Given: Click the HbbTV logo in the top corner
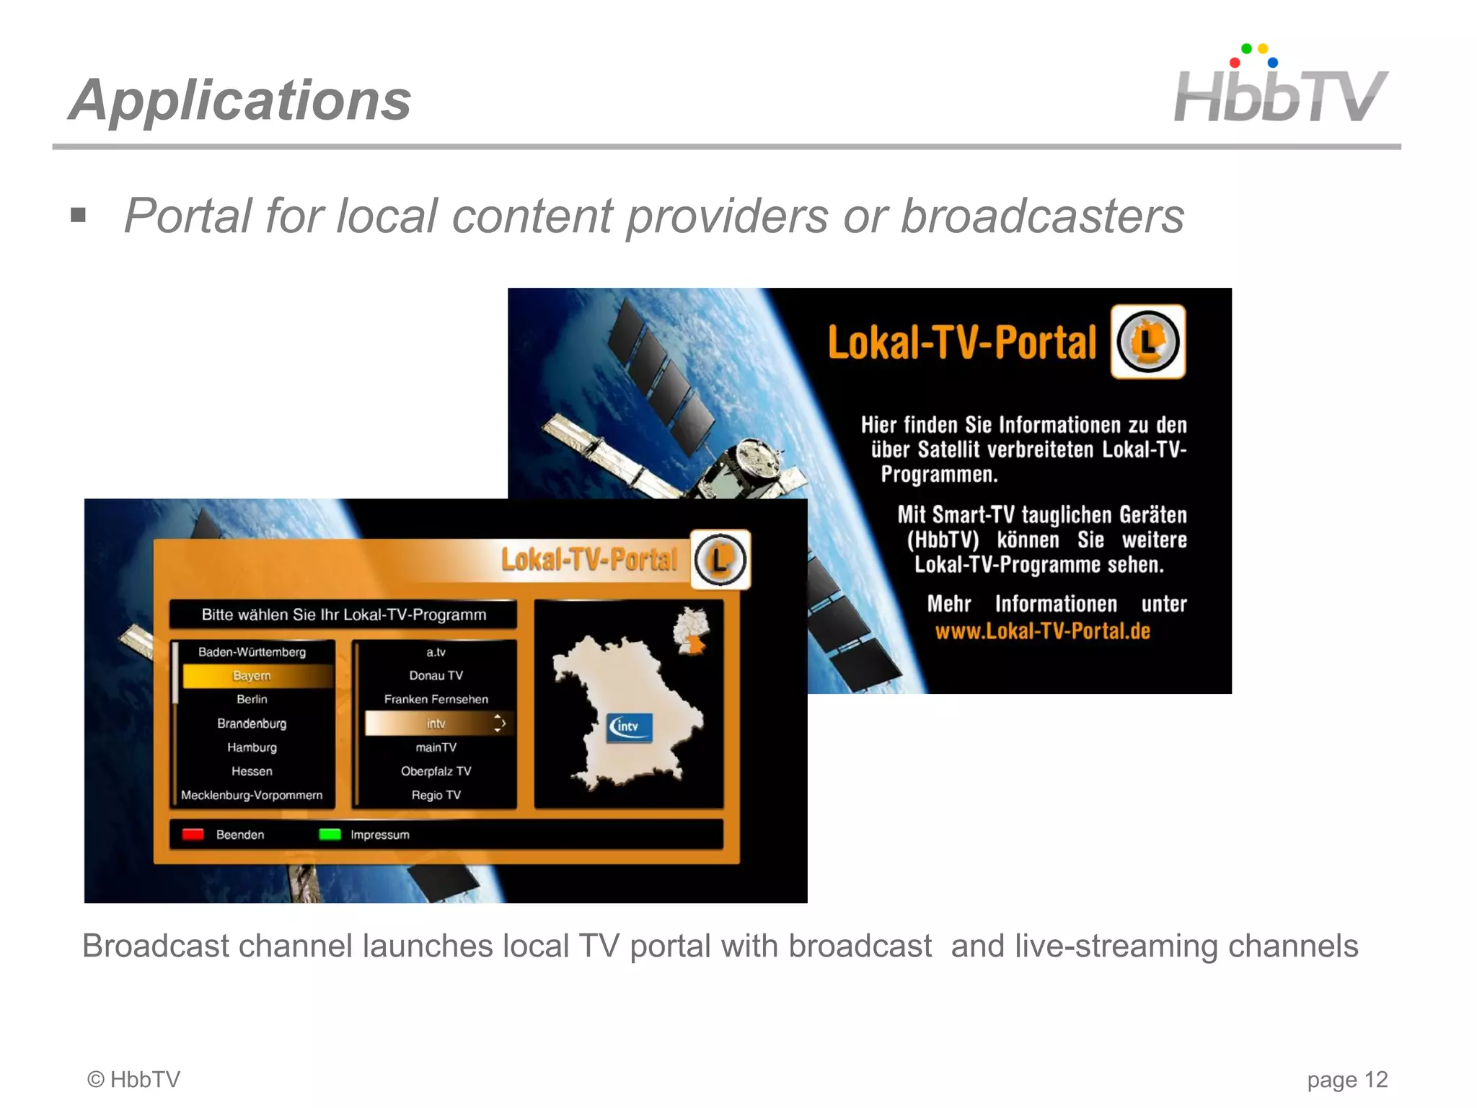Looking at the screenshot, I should click(1280, 87).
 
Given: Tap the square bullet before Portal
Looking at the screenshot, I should click(79, 215).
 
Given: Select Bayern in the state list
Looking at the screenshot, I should click(252, 676).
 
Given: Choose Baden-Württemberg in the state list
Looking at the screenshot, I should click(252, 652).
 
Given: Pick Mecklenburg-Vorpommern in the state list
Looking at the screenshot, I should click(252, 795).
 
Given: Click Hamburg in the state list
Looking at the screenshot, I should click(252, 747).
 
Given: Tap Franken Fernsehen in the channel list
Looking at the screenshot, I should click(436, 699).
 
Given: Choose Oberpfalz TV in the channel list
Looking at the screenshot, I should click(436, 771).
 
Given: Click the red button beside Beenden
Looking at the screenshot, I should click(193, 835).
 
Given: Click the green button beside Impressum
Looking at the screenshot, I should click(330, 835).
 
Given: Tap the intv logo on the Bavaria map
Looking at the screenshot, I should click(630, 726).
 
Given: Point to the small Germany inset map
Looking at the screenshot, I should click(690, 630).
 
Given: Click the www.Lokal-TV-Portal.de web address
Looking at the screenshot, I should click(1042, 631).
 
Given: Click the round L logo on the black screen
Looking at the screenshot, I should click(1148, 342).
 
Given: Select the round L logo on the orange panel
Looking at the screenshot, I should click(720, 560).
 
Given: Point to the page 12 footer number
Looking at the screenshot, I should click(1347, 1080).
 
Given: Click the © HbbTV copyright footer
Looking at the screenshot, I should click(134, 1080).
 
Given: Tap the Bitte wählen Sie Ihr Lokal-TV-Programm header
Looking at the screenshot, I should click(344, 615).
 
